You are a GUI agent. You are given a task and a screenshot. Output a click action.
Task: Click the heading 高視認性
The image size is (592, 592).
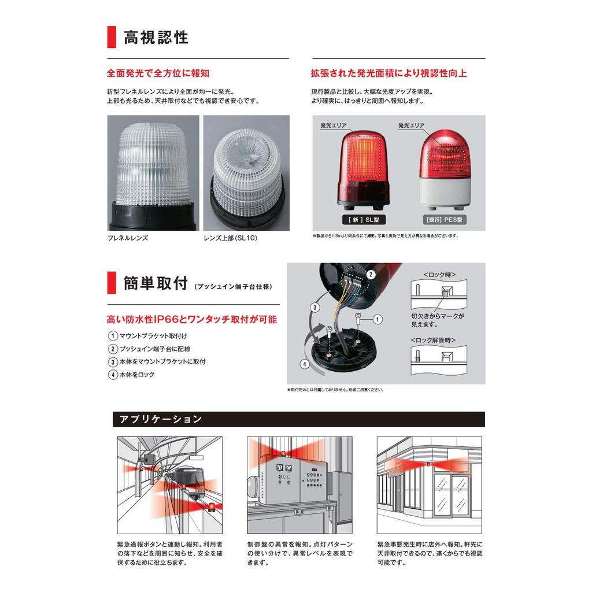(156, 38)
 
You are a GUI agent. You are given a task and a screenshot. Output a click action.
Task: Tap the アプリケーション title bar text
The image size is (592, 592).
(160, 419)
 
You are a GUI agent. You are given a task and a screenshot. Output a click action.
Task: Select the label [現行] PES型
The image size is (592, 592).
(445, 220)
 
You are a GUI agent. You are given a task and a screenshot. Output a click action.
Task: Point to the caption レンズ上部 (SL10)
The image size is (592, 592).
(230, 238)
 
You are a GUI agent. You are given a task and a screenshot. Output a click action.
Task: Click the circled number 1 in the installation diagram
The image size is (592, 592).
(377, 319)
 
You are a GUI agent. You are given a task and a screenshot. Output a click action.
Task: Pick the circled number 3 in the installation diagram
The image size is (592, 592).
(314, 307)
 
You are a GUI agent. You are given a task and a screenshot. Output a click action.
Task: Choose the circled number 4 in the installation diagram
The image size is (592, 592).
(304, 364)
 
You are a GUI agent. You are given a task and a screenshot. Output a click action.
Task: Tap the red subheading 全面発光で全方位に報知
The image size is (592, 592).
(158, 73)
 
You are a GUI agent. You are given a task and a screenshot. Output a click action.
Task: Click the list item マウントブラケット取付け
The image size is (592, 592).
(153, 336)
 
